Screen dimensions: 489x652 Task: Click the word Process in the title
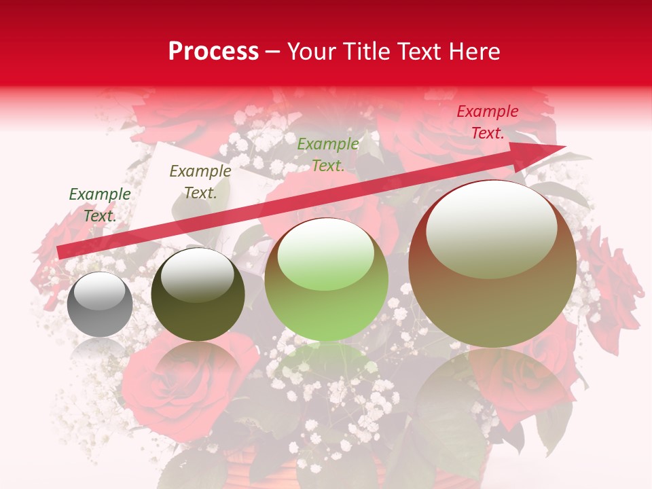[x=213, y=52]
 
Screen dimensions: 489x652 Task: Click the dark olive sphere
[x=198, y=295]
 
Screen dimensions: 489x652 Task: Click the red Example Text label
[x=487, y=122]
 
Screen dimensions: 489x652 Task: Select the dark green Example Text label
[x=100, y=204]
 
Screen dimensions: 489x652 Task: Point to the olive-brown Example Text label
[x=200, y=181]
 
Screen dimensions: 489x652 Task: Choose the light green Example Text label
[x=328, y=154]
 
